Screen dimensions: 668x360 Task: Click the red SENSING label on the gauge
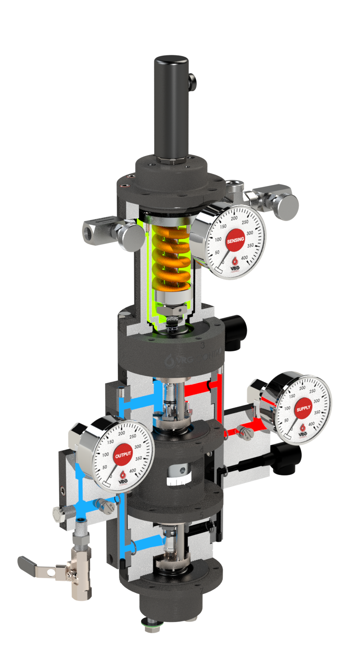coord(235,240)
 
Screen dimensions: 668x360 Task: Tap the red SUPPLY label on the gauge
coord(303,409)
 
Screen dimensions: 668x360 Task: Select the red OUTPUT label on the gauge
coord(123,455)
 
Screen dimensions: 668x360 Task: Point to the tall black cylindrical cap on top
coord(171,106)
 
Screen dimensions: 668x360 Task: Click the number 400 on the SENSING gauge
coord(245,258)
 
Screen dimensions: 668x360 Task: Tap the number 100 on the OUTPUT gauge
coord(106,454)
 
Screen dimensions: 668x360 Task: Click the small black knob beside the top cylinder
coord(192,84)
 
